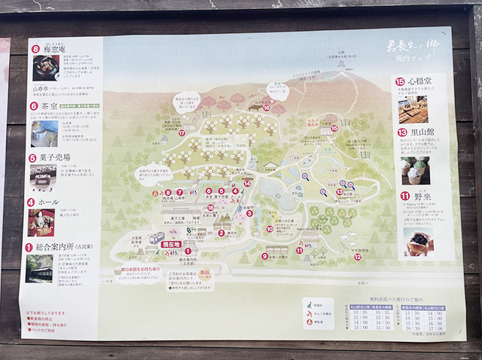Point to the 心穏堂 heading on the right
click(x=426, y=81)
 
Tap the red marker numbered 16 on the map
click(x=266, y=107)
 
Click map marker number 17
click(x=182, y=133)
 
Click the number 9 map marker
click(x=264, y=255)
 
